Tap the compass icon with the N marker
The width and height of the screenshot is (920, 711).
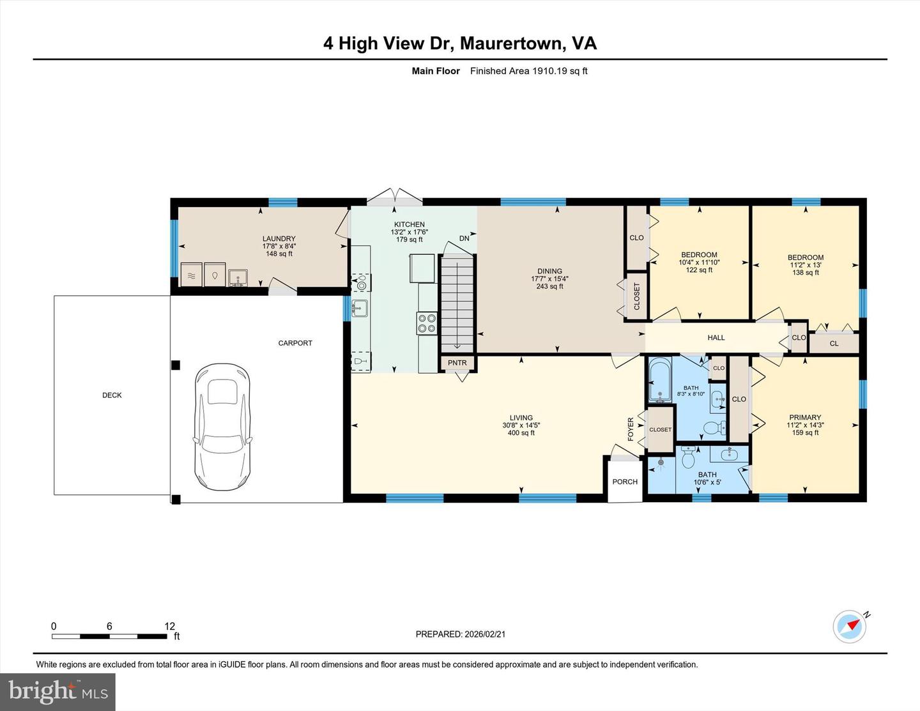click(850, 627)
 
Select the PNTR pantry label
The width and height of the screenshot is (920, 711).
click(457, 363)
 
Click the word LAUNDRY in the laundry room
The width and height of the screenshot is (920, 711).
click(279, 239)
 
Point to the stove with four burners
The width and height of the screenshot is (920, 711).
click(427, 323)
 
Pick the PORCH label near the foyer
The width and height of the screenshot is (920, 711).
click(624, 482)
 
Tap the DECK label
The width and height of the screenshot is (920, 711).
click(112, 395)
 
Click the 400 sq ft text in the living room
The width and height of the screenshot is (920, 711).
click(521, 433)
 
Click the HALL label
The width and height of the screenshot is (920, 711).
click(716, 337)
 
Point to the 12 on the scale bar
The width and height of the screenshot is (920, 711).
click(169, 626)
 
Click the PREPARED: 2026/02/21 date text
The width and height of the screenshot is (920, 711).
click(460, 634)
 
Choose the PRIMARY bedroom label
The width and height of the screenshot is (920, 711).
click(805, 417)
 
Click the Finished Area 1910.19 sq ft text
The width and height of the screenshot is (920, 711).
click(528, 71)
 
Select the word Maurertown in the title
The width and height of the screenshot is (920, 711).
click(512, 43)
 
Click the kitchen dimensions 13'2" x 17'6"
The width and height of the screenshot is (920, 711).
click(409, 233)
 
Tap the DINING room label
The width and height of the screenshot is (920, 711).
click(549, 271)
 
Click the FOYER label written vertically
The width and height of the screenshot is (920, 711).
click(631, 429)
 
